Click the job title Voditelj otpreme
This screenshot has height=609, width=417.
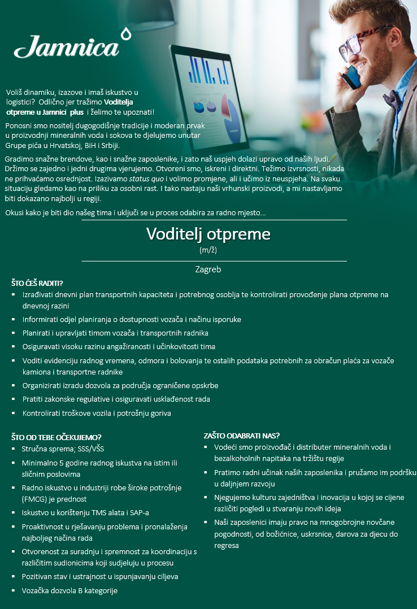coord(208,234)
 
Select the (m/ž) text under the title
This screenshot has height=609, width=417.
coord(208,249)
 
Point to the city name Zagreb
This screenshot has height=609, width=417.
coord(208,269)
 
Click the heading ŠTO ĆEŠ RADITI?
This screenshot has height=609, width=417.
coord(37,283)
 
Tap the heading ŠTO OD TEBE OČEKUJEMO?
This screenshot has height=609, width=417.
coord(57,437)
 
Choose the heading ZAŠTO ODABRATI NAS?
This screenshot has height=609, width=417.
coord(242,436)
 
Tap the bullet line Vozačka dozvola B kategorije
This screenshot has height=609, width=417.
coord(69,590)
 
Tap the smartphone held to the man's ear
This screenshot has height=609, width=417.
coord(351,76)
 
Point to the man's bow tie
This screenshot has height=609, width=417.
coord(393,98)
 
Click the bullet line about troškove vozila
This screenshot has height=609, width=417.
coord(97,413)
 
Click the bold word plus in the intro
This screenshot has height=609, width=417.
coord(77,112)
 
